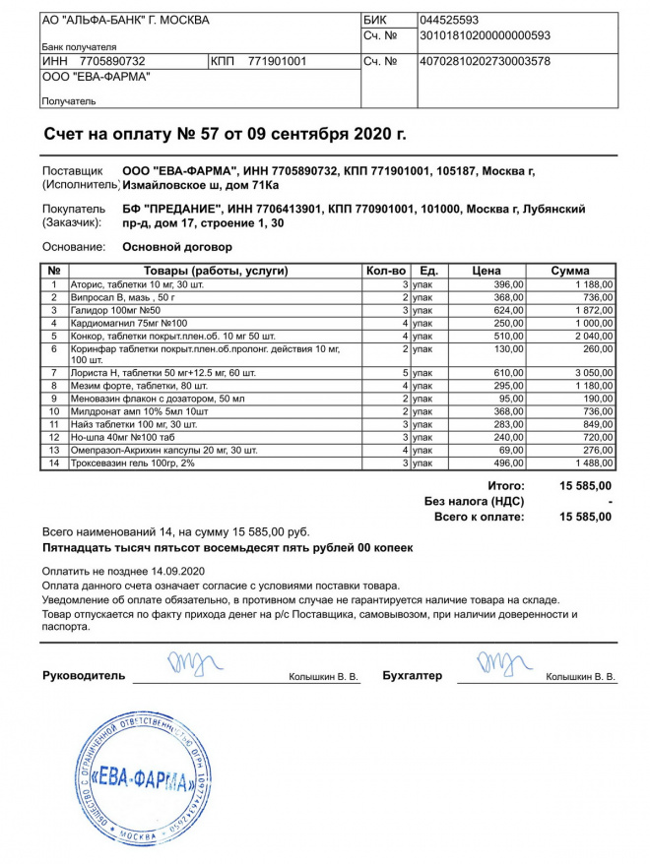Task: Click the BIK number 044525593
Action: tap(449, 20)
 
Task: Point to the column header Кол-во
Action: tap(385, 271)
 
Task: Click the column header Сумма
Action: tap(570, 271)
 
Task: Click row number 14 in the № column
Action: tap(54, 463)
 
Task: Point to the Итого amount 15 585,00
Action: tap(585, 486)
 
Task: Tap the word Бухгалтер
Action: tap(413, 676)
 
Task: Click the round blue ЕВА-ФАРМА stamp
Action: tap(141, 778)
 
